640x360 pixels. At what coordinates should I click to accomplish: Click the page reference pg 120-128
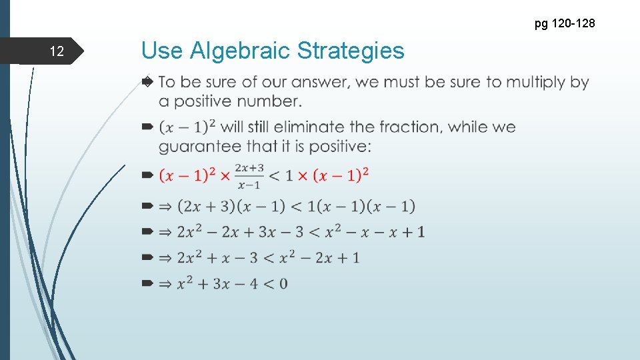(564, 24)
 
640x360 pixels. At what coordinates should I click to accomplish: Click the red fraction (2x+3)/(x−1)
(249, 176)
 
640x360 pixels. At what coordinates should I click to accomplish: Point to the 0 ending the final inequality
(283, 284)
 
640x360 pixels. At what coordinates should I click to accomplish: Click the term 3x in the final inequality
(221, 284)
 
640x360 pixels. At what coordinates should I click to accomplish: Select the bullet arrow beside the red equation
(147, 175)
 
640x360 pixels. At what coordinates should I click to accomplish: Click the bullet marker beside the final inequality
(147, 284)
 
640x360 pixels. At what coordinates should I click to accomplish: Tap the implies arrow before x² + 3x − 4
(165, 284)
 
